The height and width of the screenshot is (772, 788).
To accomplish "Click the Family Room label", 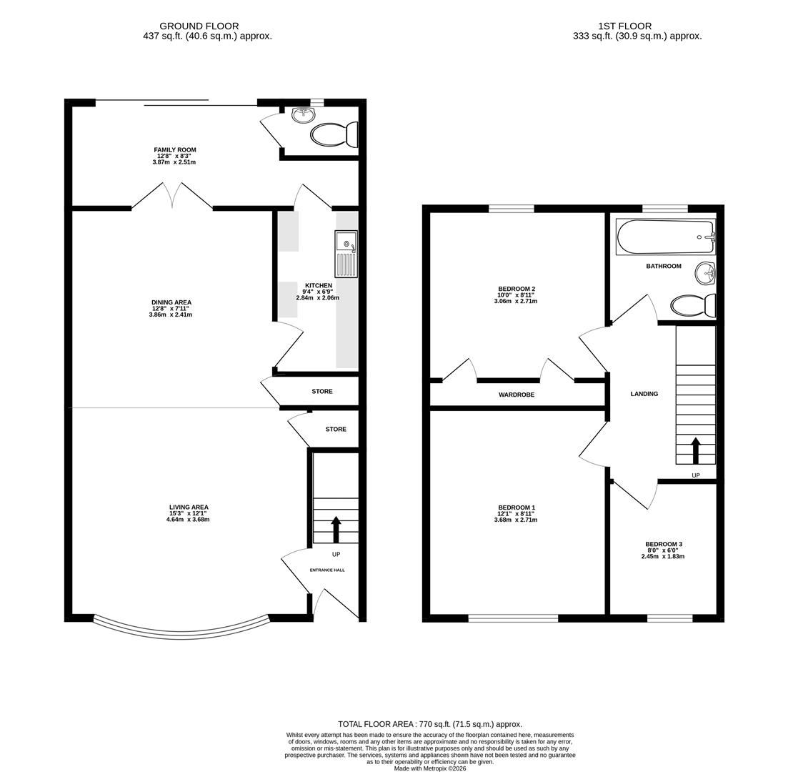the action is point(175,150).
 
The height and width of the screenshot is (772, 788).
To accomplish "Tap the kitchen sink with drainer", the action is point(346,254).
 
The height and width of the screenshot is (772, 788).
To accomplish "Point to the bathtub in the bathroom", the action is point(665,237).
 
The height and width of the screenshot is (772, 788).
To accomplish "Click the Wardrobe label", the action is point(517,395).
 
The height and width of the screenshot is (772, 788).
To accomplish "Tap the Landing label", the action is point(644,394).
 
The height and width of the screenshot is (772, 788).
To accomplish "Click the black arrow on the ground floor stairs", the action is point(336,529).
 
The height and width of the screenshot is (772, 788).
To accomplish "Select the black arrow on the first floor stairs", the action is point(696,450).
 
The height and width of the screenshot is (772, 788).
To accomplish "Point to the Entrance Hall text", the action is point(327,570).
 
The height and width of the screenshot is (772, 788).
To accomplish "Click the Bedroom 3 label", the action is point(664,544).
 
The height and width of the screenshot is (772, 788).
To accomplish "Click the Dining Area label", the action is point(171,303).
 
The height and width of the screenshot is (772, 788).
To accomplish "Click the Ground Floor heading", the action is point(199,26).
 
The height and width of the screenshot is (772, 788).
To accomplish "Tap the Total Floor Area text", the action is point(430,724).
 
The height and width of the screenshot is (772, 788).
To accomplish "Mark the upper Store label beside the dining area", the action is point(322,391).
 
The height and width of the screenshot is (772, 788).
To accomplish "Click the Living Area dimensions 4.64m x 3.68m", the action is point(188,520).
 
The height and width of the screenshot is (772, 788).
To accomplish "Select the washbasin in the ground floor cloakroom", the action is point(303,115).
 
